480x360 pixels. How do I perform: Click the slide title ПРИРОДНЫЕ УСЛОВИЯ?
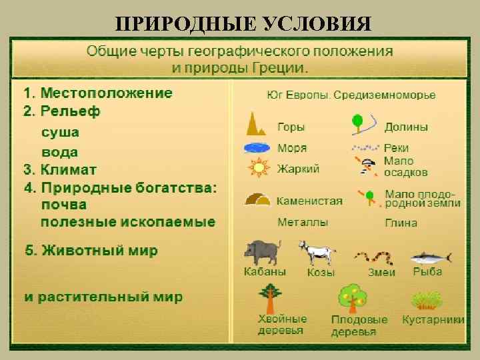[x=243, y=25]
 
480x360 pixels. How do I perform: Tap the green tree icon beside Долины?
[x=358, y=123]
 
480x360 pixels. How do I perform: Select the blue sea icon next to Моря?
[x=257, y=148]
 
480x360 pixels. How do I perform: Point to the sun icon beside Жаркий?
[x=258, y=168]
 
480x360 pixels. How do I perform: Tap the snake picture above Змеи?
[x=373, y=257]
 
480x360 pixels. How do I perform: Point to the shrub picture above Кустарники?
[x=428, y=299]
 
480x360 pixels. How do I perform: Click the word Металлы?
[x=303, y=222]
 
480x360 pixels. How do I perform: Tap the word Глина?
[x=401, y=223]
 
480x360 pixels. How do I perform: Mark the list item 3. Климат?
[x=60, y=169]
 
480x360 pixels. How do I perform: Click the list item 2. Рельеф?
[x=61, y=111]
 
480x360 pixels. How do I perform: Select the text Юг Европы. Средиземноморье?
[x=351, y=95]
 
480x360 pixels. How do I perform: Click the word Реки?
[x=396, y=147]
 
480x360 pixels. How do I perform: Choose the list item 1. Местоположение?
[x=98, y=93]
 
